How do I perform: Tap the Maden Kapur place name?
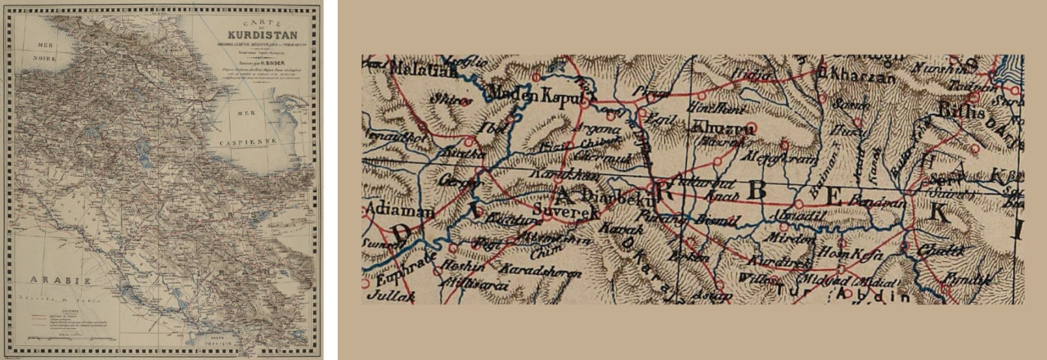pos(537,97)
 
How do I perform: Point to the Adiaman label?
pos(392,209)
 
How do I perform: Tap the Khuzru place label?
pos(717,128)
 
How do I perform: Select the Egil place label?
pos(657,118)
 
